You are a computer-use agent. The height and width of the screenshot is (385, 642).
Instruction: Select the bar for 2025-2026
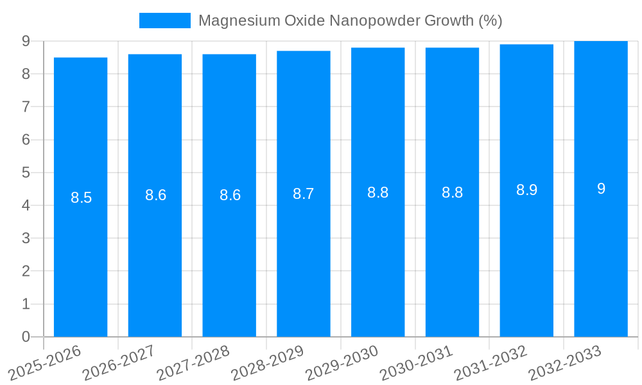tap(80, 257)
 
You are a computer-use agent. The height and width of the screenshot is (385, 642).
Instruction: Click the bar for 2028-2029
tap(304, 257)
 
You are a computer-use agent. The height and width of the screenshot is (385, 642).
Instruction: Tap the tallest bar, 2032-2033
tap(601, 257)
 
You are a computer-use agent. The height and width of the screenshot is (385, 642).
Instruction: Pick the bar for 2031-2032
tap(526, 257)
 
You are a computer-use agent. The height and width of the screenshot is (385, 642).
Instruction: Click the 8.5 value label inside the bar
tap(82, 198)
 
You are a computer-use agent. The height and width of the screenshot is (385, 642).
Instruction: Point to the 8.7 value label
tap(304, 194)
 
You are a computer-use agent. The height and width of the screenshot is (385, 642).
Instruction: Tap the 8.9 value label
tap(526, 190)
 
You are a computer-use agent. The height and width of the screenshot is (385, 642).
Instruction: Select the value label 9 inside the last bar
tap(601, 189)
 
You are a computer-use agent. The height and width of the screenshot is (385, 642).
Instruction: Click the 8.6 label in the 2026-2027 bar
tap(155, 195)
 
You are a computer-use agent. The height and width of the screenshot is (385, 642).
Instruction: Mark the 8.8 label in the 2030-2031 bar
tap(452, 193)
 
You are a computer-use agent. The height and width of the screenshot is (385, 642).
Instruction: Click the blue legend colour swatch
tap(165, 21)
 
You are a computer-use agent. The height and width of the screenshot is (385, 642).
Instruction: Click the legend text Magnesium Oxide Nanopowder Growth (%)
tap(350, 21)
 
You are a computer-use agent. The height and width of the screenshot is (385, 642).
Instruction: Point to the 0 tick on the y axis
tap(26, 337)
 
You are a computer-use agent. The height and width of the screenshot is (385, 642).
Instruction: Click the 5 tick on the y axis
tap(26, 173)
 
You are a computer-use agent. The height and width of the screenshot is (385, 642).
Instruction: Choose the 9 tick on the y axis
tap(26, 41)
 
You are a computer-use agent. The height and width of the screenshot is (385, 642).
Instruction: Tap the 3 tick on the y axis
tap(26, 239)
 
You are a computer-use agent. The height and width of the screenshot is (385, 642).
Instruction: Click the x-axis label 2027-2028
tap(193, 363)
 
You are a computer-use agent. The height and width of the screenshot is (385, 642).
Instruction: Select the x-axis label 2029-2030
tap(342, 363)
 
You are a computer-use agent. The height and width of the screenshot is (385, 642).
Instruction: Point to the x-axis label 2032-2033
tap(564, 363)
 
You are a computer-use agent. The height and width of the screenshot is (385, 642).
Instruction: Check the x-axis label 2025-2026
tap(44, 363)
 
